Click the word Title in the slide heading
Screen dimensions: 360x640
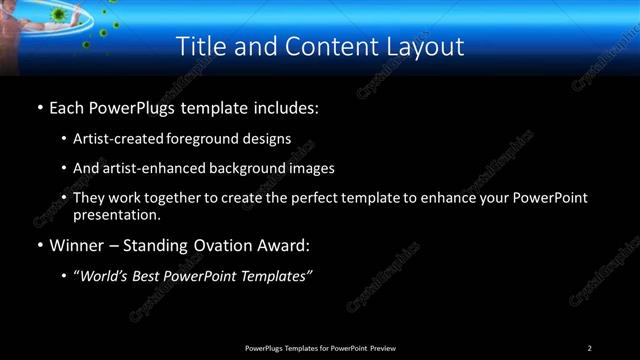[x=198, y=46]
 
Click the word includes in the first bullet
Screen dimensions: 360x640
[x=283, y=106]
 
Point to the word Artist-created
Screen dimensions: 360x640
[x=112, y=139]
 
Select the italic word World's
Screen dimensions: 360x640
[x=105, y=276]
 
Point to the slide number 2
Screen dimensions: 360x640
[x=589, y=348]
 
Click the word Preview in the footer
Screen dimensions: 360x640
[x=382, y=348]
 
